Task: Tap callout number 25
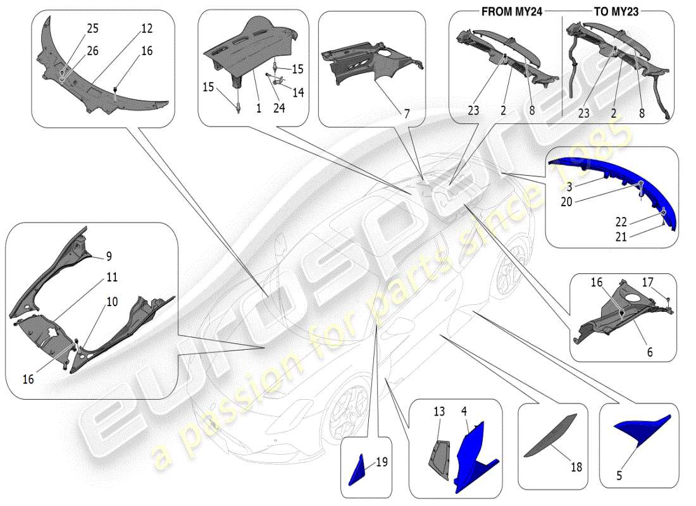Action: tap(93, 29)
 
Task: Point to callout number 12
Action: tap(147, 29)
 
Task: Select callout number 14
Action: tap(297, 92)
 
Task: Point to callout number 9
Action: tap(108, 256)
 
